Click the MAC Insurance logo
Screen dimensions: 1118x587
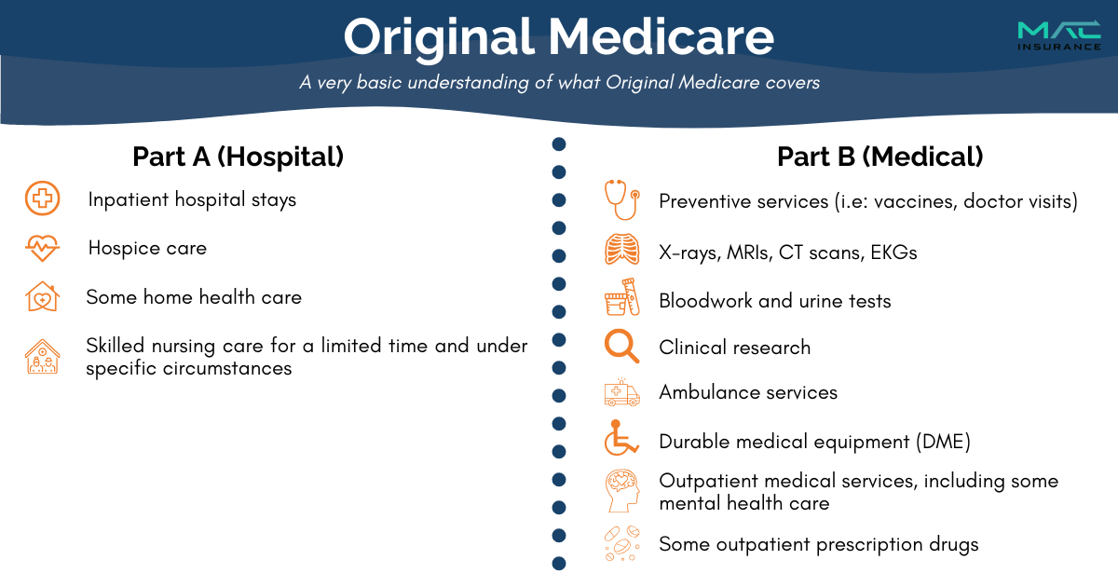pyautogui.click(x=1059, y=35)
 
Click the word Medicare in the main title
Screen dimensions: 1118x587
pyautogui.click(x=661, y=37)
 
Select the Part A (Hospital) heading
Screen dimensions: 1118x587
pyautogui.click(x=239, y=157)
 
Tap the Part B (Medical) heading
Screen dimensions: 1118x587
pyautogui.click(x=879, y=157)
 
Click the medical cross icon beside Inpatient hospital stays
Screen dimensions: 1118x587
pyautogui.click(x=43, y=198)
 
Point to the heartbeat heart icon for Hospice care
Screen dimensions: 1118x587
pyautogui.click(x=43, y=248)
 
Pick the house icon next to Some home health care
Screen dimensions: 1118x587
pyautogui.click(x=43, y=296)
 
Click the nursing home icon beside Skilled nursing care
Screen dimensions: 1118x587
pyautogui.click(x=43, y=356)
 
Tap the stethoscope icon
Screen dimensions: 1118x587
pyautogui.click(x=622, y=199)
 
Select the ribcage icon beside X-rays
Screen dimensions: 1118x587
pyautogui.click(x=622, y=249)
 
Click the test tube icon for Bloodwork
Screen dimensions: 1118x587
pyautogui.click(x=622, y=297)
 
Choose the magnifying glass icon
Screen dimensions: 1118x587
pyautogui.click(x=621, y=346)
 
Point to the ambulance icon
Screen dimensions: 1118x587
pyautogui.click(x=622, y=392)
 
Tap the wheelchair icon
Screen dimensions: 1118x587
pyautogui.click(x=621, y=438)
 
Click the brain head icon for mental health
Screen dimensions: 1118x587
pyautogui.click(x=622, y=491)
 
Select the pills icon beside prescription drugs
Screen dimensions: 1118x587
pyautogui.click(x=622, y=543)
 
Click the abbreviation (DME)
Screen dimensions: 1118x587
pyautogui.click(x=943, y=442)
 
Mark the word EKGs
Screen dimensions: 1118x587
pyautogui.click(x=893, y=253)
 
